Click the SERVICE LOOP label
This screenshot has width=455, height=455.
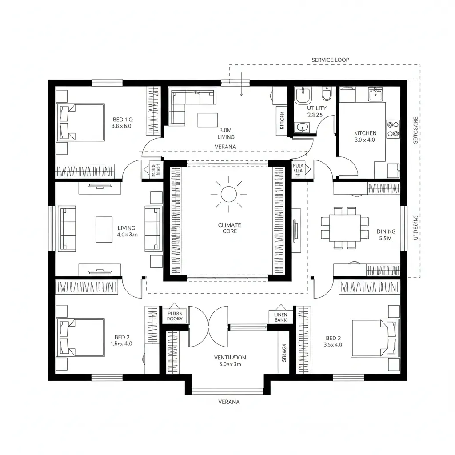[330, 60]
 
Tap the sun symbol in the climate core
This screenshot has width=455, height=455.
[229, 194]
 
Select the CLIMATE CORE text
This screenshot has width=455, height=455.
[230, 228]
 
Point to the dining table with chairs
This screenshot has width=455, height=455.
[345, 227]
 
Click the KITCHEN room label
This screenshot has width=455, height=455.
[365, 133]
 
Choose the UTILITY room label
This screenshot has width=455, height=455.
[316, 108]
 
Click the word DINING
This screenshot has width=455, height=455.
[386, 231]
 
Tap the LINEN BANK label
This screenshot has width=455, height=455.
[280, 317]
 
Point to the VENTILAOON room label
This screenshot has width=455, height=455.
[230, 357]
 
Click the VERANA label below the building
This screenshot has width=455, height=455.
[229, 402]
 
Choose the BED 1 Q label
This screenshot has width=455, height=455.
[123, 120]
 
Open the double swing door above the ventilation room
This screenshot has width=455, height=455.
[208, 327]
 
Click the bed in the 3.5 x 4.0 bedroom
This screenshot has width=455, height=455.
[375, 338]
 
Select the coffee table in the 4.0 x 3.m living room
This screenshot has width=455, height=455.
[104, 229]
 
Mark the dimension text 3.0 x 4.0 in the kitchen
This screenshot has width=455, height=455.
[365, 140]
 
